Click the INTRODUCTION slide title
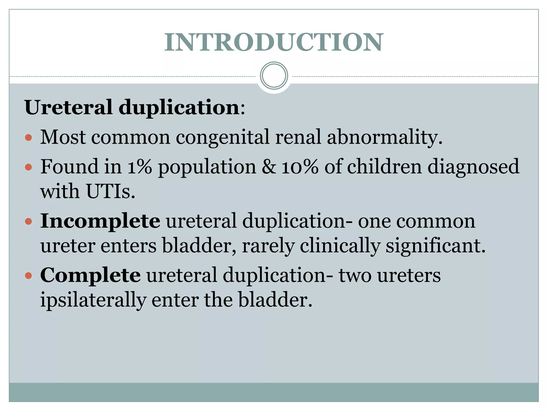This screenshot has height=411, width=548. click(x=274, y=42)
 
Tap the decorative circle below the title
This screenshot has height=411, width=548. click(x=274, y=75)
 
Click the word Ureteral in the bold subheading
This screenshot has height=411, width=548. click(x=68, y=107)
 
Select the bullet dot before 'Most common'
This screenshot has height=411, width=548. click(x=28, y=138)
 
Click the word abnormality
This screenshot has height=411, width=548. click(x=385, y=137)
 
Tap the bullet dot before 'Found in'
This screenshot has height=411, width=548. click(x=28, y=168)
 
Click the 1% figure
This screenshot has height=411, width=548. click(x=139, y=167)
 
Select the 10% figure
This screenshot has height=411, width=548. click(x=300, y=167)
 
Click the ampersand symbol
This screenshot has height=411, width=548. click(x=269, y=167)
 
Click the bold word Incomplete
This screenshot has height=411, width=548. click(x=100, y=221)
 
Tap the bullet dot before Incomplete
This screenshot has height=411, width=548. click(x=28, y=222)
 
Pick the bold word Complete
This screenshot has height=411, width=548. click(x=90, y=275)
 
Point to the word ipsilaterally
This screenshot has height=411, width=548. click(x=93, y=300)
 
